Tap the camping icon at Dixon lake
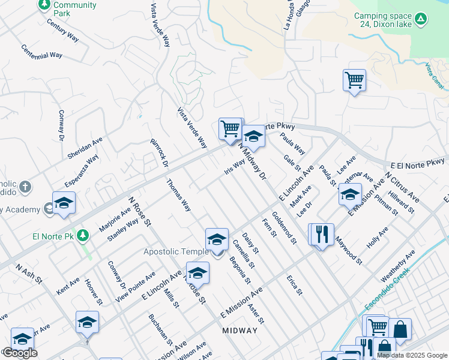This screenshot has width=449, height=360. pos(421,19)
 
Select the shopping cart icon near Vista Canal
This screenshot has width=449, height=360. pos(354,80)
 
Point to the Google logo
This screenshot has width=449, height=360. pos(19,353)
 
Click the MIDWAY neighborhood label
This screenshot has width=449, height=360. pos(240,331)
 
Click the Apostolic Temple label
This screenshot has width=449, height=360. pos(175,251)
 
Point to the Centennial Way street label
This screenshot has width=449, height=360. pos(41,52)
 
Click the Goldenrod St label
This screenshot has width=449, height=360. pos(284,228)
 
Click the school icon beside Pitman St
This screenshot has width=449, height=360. pos(350,196)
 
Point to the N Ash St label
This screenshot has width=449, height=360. pos(28,275)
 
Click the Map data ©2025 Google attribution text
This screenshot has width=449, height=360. pos(411,355)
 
